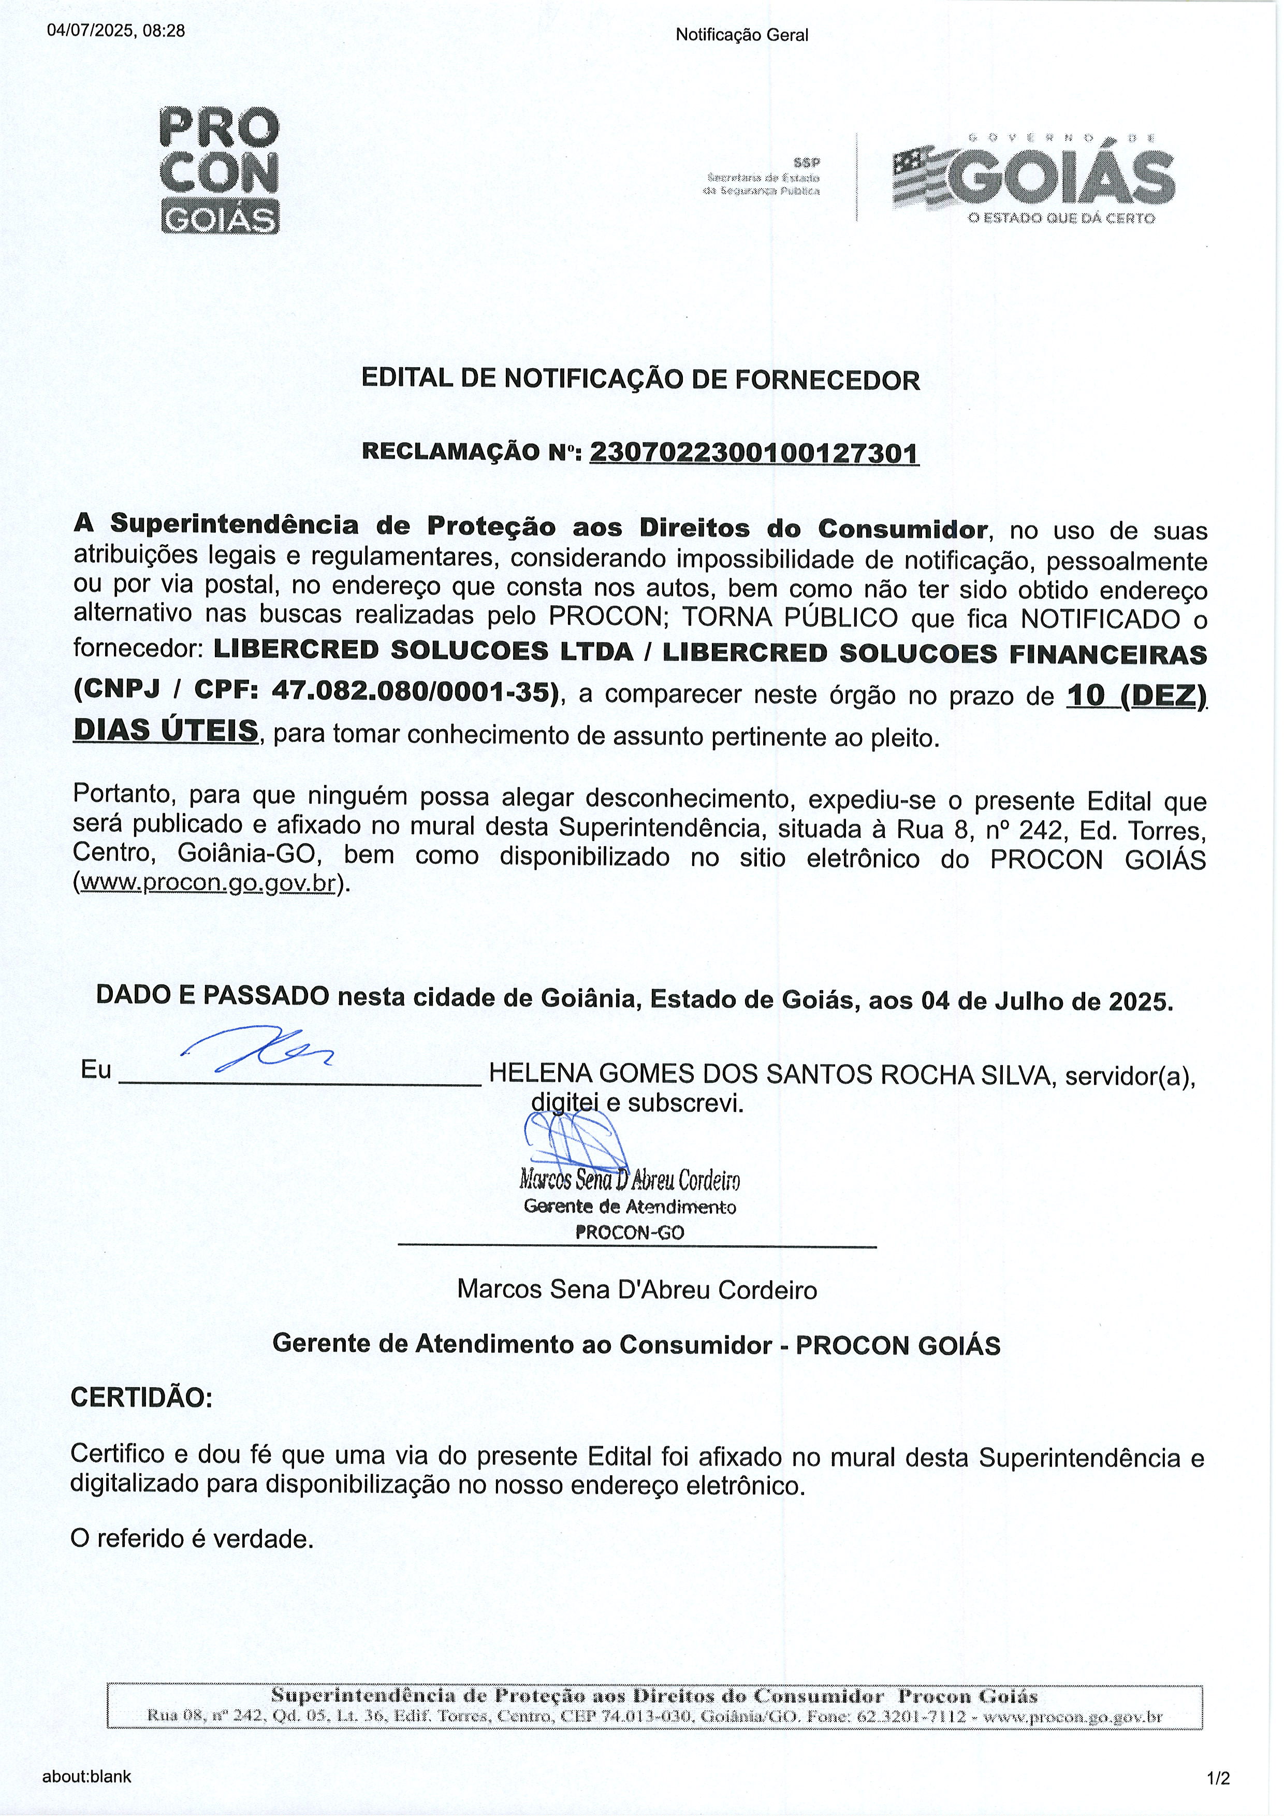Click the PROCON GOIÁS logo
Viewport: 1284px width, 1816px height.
[219, 169]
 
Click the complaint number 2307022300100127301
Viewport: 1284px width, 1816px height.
[754, 453]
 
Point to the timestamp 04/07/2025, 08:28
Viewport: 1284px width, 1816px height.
[116, 32]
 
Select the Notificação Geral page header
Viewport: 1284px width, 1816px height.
[741, 35]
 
